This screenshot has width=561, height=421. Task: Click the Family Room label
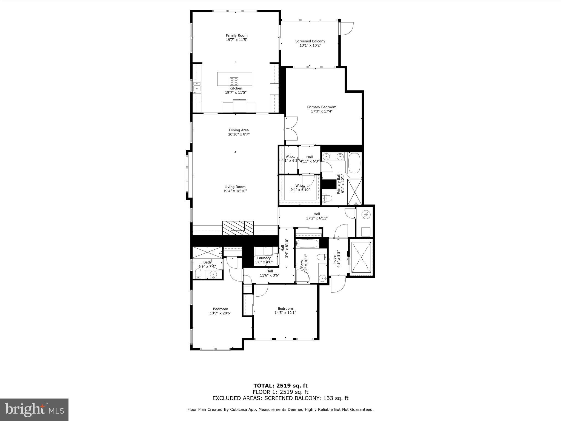[236, 35]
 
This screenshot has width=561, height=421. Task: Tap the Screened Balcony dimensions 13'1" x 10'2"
[310, 45]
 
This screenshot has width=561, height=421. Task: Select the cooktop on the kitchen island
[234, 81]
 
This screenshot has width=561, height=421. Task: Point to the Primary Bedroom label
[321, 107]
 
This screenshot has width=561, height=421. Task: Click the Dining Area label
[239, 130]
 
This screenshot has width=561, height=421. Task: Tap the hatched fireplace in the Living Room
[238, 228]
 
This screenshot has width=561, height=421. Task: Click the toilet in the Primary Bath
[327, 198]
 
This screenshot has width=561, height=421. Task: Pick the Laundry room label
[264, 258]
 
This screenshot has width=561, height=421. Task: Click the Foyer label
[334, 259]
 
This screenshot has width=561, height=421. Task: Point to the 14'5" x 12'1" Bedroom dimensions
[285, 312]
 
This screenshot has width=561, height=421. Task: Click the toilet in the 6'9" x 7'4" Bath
[198, 274]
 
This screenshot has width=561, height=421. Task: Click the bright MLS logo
[34, 410]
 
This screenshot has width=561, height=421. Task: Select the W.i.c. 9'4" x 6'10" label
[300, 186]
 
